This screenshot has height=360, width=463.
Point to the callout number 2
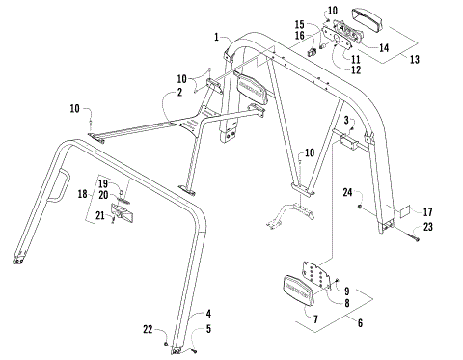[178, 95]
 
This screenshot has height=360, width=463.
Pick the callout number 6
[359, 323]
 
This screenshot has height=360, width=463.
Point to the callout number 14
[385, 45]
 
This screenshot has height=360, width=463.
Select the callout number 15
[299, 23]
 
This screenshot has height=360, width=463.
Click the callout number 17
[427, 211]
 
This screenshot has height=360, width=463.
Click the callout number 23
[427, 227]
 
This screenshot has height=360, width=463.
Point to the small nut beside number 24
[360, 207]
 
